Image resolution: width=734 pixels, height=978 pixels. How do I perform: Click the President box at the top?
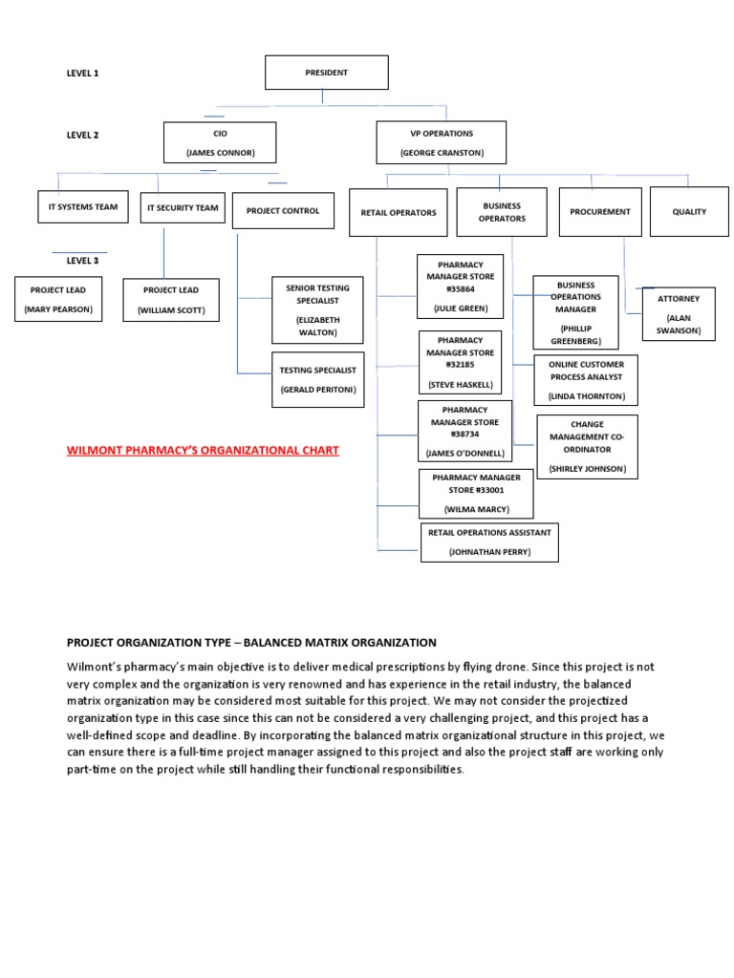[x=326, y=73]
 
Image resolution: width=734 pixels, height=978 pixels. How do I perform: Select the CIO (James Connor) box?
[x=220, y=143]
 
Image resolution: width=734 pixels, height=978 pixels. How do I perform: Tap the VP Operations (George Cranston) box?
[x=442, y=143]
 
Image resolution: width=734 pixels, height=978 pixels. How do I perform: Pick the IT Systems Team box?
[x=83, y=207]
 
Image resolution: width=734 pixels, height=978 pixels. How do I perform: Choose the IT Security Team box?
[x=183, y=208]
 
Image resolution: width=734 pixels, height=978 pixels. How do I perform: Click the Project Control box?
[x=283, y=211]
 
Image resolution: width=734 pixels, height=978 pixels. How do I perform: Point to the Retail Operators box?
[x=399, y=213]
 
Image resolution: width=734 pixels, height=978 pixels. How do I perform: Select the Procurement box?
[x=599, y=212]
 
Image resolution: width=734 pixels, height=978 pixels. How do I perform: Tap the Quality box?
[x=689, y=212]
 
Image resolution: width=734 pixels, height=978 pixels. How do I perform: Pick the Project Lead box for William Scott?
[x=171, y=300]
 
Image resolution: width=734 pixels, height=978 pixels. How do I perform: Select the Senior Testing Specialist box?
[x=317, y=309]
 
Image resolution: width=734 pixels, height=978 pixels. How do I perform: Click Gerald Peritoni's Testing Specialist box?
[x=317, y=379]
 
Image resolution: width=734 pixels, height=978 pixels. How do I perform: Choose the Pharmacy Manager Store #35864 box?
[x=459, y=287]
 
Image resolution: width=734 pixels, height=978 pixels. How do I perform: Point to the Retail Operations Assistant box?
[x=488, y=542]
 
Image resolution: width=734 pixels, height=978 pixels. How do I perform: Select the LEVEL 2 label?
[x=82, y=136]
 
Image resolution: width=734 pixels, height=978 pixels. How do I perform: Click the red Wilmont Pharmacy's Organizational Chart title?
[x=203, y=451]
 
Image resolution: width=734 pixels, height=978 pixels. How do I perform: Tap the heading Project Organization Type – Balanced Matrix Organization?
[x=251, y=643]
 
